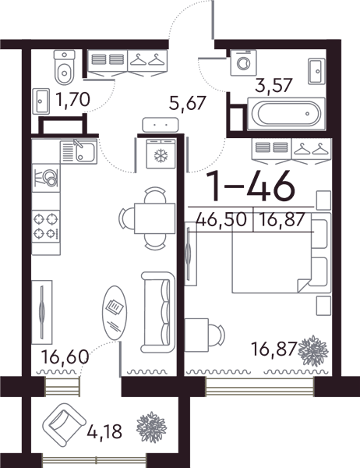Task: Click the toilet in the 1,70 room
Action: click(x=64, y=67)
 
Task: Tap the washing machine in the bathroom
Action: click(x=244, y=62)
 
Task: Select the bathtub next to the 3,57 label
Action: click(x=286, y=114)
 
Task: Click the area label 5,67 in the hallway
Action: click(x=187, y=103)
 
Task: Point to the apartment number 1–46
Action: click(x=250, y=186)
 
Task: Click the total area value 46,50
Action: click(x=221, y=220)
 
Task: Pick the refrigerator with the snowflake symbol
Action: click(x=161, y=154)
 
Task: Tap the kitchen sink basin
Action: click(x=79, y=152)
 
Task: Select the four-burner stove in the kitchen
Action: click(x=46, y=225)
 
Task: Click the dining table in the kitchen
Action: click(x=154, y=218)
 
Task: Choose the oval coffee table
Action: click(x=115, y=313)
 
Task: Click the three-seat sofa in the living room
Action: click(x=158, y=312)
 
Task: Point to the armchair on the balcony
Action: click(x=64, y=424)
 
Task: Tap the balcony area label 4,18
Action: click(x=104, y=431)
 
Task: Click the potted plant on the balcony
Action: click(x=151, y=427)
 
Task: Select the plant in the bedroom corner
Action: click(x=313, y=351)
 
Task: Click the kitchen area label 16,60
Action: click(x=65, y=356)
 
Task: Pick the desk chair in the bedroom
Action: click(x=216, y=335)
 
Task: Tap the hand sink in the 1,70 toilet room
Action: click(x=41, y=101)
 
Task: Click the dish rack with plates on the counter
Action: click(x=46, y=178)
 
